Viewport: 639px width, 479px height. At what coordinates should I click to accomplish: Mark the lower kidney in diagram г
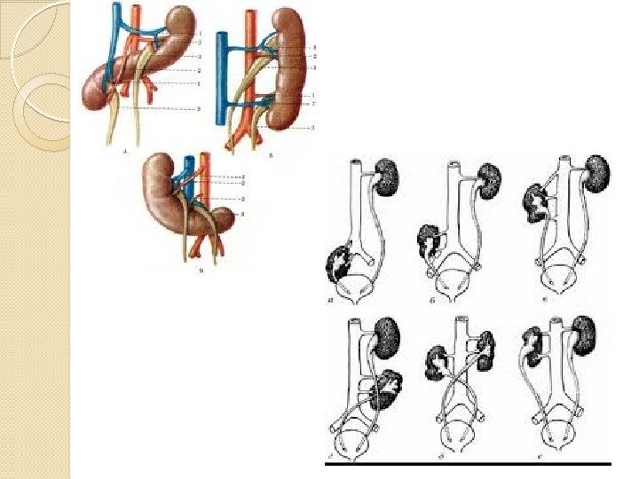(x=389, y=388)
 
